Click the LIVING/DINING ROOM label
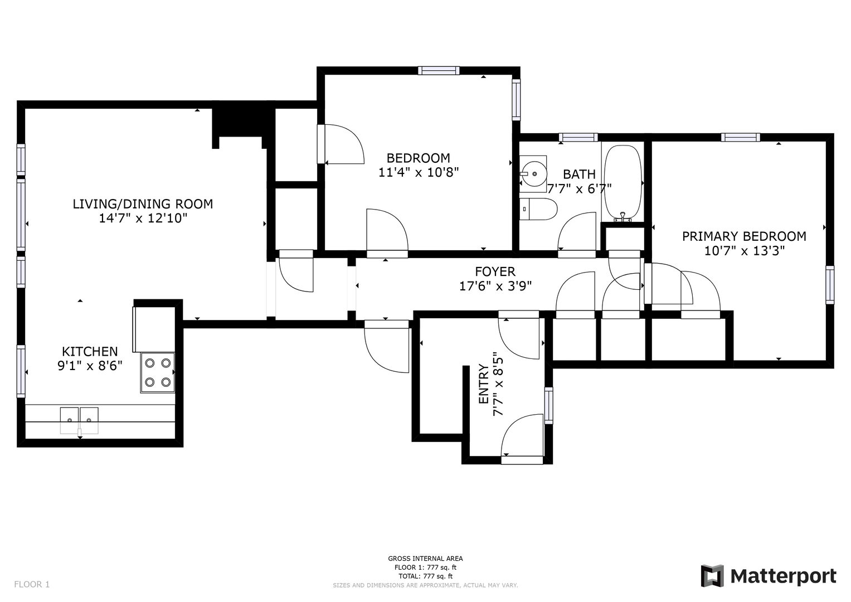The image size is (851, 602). [x=143, y=204]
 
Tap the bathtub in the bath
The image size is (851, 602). [x=623, y=183]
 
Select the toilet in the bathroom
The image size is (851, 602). [x=538, y=209]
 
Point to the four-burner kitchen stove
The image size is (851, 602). [x=158, y=372]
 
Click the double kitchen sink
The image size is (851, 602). [x=79, y=420]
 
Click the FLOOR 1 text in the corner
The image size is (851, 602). [x=32, y=585]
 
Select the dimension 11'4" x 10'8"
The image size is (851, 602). [x=419, y=173]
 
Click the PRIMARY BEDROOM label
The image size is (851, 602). [x=744, y=236]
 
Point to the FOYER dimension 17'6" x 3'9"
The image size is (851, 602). [x=495, y=286]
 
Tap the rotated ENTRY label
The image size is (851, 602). [x=483, y=384]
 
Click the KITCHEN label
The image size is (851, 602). [x=90, y=351]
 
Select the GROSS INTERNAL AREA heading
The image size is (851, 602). [x=425, y=559]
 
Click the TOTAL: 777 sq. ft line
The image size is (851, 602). [x=425, y=576]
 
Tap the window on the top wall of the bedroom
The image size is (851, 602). [x=439, y=71]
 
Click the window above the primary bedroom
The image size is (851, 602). [x=741, y=137]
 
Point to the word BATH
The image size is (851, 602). [x=579, y=174]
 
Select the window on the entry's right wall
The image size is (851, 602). [x=548, y=406]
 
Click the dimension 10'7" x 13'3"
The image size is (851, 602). [x=745, y=251]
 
